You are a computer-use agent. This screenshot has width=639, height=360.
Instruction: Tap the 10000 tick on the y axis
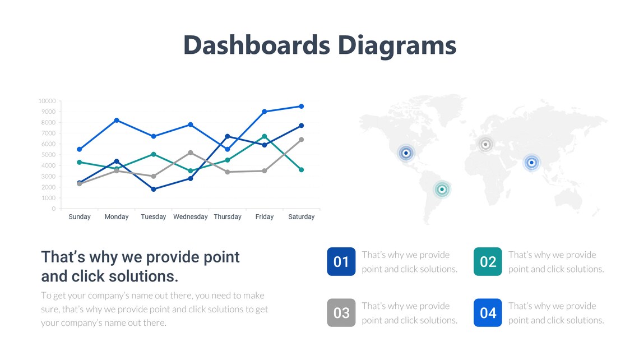click(x=47, y=101)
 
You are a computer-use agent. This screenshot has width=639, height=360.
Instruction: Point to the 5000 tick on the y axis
click(x=48, y=155)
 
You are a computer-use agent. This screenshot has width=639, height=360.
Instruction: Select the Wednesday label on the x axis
click(x=191, y=217)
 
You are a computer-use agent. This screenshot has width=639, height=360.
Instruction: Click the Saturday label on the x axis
click(x=301, y=217)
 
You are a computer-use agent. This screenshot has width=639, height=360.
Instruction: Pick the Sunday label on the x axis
click(x=80, y=217)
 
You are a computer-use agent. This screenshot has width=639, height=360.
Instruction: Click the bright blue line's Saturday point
click(x=302, y=106)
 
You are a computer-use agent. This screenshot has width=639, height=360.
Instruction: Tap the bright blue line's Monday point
click(x=117, y=120)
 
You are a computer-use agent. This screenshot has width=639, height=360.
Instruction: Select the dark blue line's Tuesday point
click(x=154, y=189)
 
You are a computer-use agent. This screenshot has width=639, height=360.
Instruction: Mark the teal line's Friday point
click(x=265, y=136)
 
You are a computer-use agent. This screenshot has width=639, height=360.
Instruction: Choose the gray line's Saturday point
click(x=302, y=140)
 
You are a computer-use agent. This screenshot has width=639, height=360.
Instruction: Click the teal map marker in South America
click(x=442, y=190)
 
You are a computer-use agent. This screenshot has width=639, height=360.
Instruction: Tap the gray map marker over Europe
click(x=486, y=145)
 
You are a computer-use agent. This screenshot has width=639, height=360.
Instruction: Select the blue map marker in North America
click(x=406, y=153)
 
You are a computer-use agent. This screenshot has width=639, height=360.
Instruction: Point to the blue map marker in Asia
click(x=531, y=163)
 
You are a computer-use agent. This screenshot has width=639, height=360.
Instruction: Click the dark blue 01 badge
click(x=341, y=262)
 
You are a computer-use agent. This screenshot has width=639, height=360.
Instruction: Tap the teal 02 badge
click(x=488, y=262)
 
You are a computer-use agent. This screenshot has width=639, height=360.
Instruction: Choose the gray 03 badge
click(x=341, y=313)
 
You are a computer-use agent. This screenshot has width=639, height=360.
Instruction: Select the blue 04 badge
click(x=488, y=313)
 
